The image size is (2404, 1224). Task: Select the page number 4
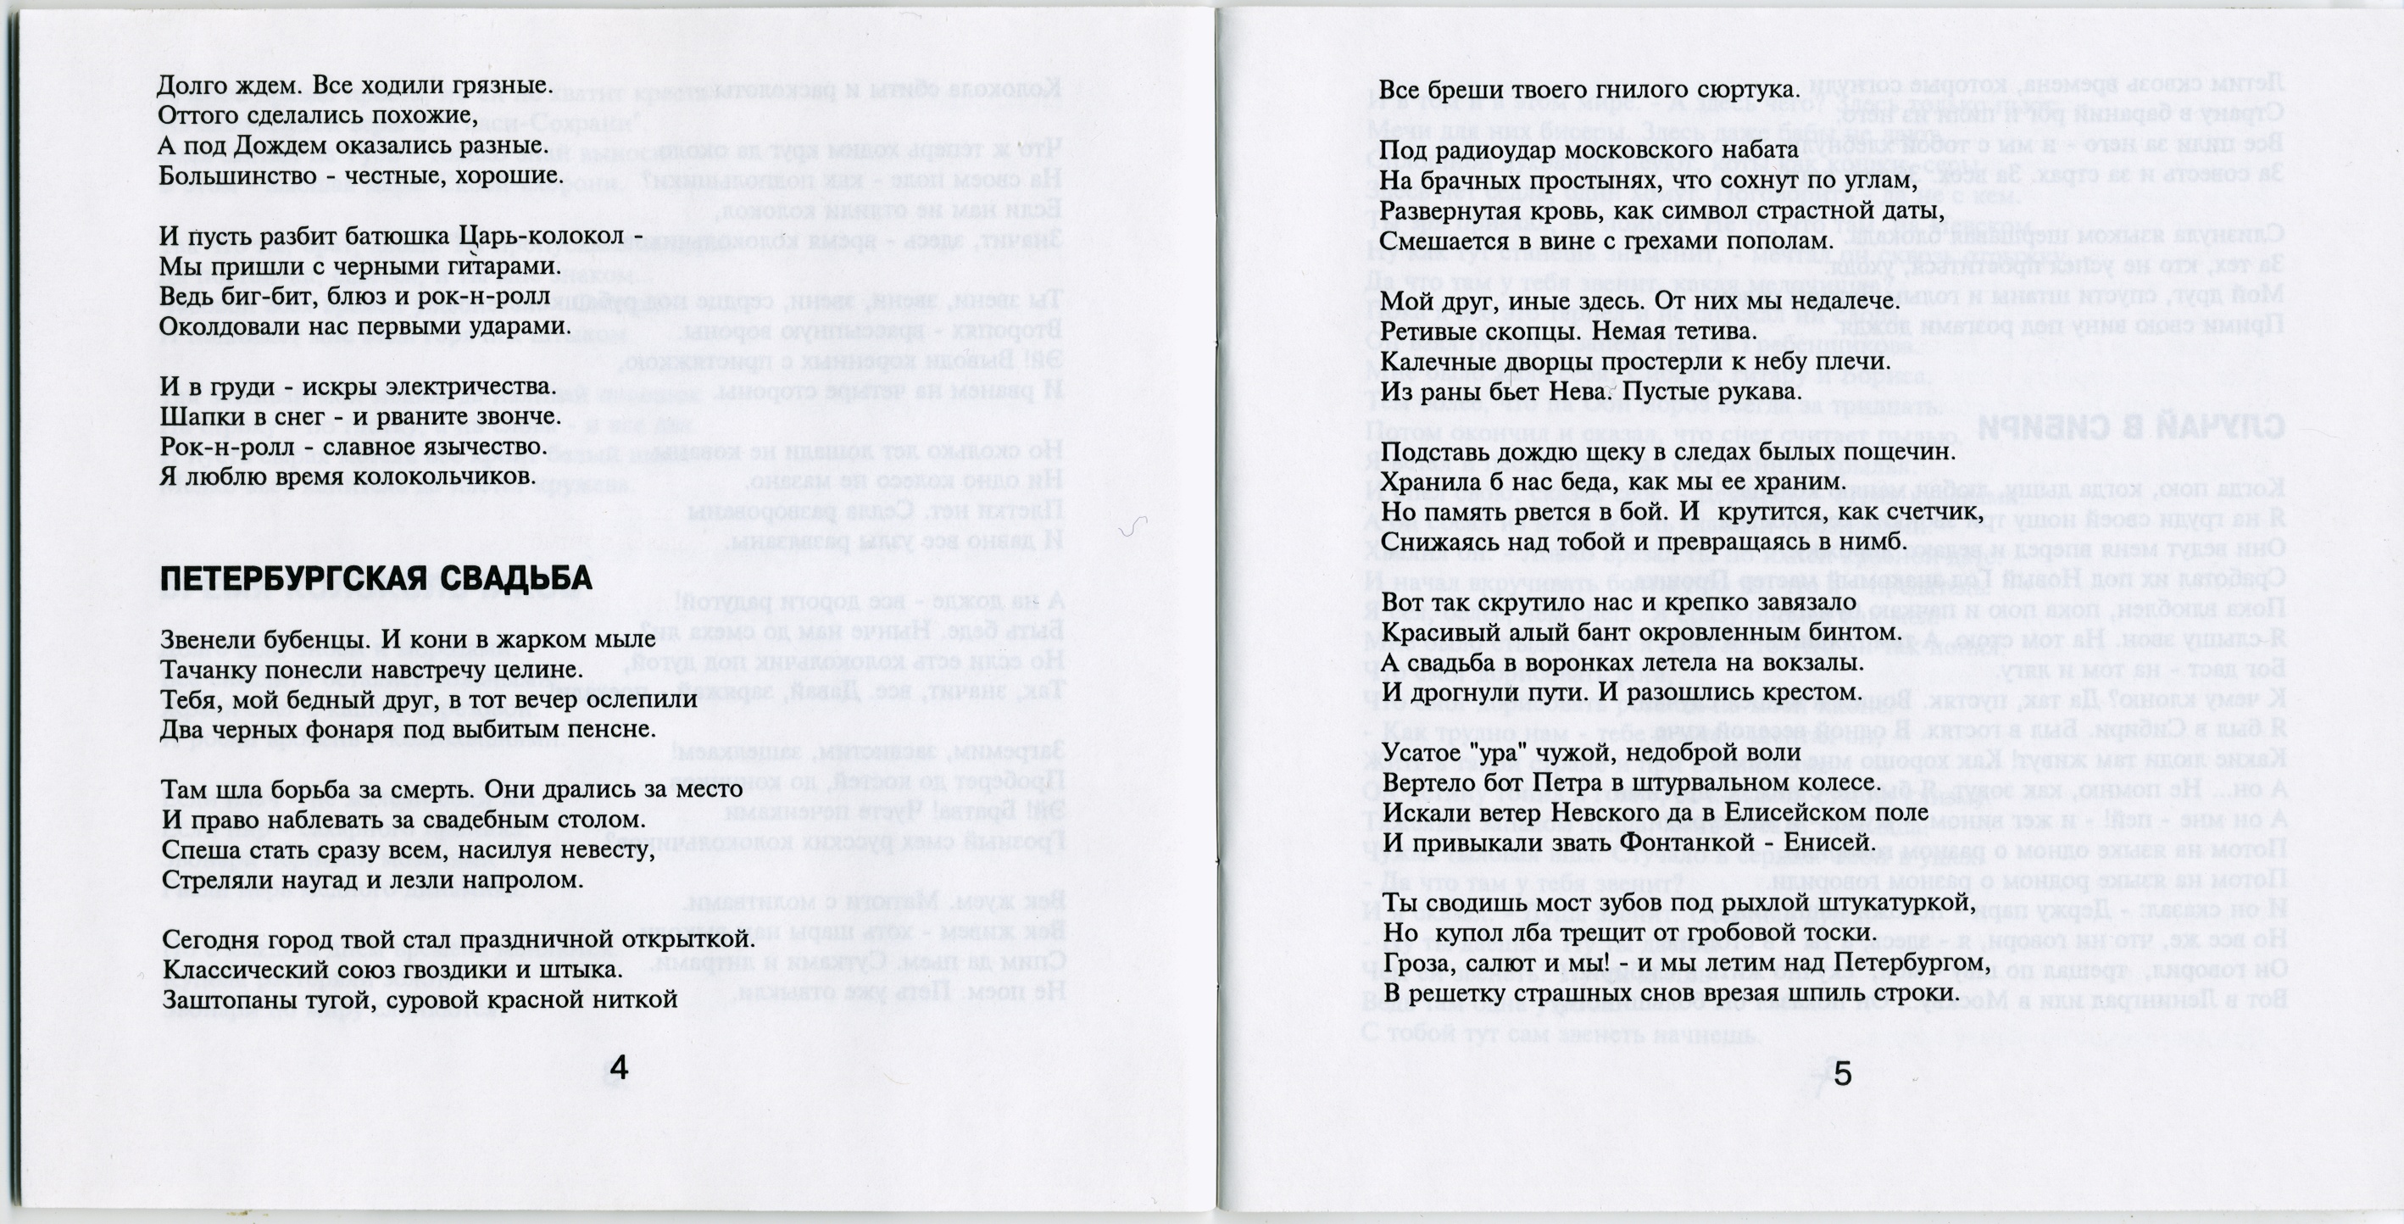[618, 1068]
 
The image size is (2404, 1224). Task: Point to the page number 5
[1842, 1074]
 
